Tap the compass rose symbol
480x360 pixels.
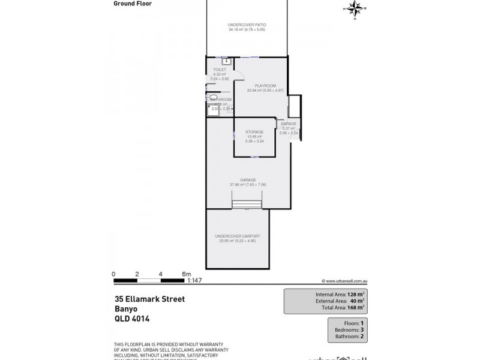(x=353, y=9)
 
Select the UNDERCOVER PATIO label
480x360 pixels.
(x=247, y=25)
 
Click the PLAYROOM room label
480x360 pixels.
(x=265, y=86)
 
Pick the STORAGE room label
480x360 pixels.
(x=255, y=131)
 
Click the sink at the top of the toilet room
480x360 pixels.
(x=226, y=61)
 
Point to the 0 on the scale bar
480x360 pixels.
(x=114, y=274)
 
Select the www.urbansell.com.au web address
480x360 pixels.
(x=344, y=280)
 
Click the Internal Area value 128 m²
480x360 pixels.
(x=355, y=295)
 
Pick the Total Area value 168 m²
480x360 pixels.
(x=355, y=307)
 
